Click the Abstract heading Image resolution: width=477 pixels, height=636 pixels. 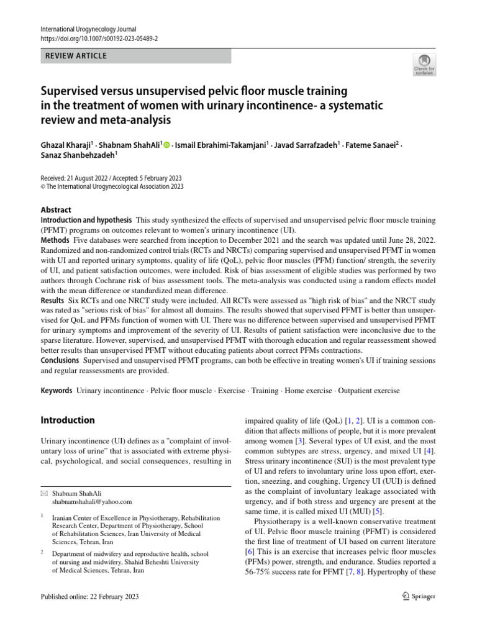[x=56, y=210]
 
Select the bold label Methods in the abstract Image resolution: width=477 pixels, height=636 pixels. [x=55, y=240]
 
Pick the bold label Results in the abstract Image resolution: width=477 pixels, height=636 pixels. [x=53, y=299]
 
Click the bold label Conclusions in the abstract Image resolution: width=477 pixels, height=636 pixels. [x=60, y=360]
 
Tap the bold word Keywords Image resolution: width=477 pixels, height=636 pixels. [x=56, y=391]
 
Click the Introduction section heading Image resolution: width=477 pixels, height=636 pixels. [x=67, y=420]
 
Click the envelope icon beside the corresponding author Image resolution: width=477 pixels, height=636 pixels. [x=43, y=493]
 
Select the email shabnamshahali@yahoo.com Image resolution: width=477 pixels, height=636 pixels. [x=92, y=502]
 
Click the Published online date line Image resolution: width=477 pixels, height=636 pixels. [x=89, y=597]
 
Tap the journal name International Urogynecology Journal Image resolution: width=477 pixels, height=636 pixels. [x=88, y=29]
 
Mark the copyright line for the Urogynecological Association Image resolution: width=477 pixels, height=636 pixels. [x=112, y=186]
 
